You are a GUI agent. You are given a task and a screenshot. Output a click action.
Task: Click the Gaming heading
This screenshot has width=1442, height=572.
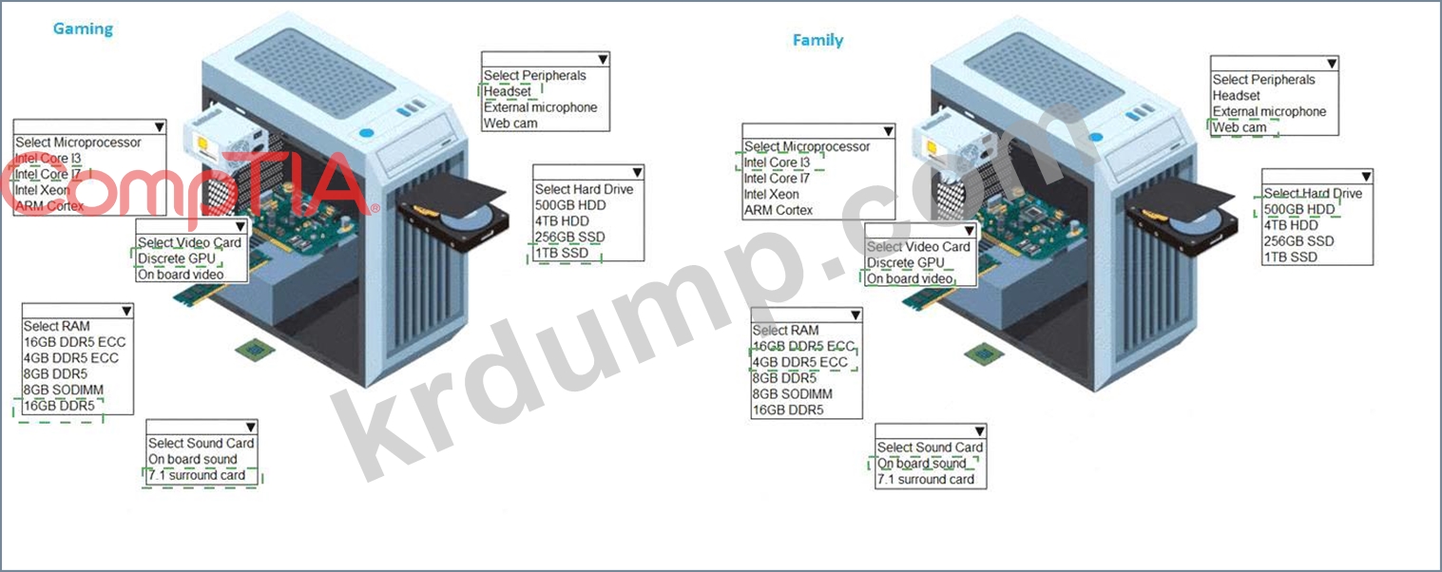click(83, 29)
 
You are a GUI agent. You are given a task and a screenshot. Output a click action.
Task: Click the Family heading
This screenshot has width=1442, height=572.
click(817, 40)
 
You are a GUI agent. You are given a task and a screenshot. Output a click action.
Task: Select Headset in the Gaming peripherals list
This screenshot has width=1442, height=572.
click(508, 91)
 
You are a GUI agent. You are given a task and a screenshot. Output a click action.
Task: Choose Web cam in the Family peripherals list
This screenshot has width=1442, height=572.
click(1240, 127)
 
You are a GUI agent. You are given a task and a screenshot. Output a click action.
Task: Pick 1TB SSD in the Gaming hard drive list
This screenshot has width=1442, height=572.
click(562, 253)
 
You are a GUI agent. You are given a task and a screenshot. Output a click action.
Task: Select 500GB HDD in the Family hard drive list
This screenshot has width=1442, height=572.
click(1299, 209)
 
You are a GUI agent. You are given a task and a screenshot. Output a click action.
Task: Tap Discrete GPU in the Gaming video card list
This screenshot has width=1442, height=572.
click(176, 258)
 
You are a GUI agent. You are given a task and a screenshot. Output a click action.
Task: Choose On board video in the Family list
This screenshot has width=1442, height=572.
click(909, 278)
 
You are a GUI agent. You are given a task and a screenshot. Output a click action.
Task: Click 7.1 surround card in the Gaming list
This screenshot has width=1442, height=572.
click(197, 475)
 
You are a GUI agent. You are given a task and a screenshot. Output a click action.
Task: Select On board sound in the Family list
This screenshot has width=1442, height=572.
click(921, 464)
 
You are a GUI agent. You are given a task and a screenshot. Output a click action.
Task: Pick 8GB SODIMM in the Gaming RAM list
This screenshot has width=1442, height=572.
click(64, 390)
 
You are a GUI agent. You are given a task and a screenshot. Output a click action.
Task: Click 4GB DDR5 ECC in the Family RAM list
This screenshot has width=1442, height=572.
click(799, 362)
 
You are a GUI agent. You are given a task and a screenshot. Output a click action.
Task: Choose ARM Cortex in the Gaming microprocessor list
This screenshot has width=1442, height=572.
click(49, 205)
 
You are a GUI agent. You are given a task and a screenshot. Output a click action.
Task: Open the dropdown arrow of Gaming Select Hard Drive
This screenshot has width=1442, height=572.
click(637, 173)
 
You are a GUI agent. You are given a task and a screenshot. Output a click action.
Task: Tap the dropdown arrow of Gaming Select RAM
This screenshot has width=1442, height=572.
click(126, 311)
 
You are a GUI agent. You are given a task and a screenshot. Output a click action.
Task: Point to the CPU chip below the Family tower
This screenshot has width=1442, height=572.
click(979, 354)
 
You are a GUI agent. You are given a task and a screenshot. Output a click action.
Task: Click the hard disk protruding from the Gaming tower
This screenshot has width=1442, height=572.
click(452, 217)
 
